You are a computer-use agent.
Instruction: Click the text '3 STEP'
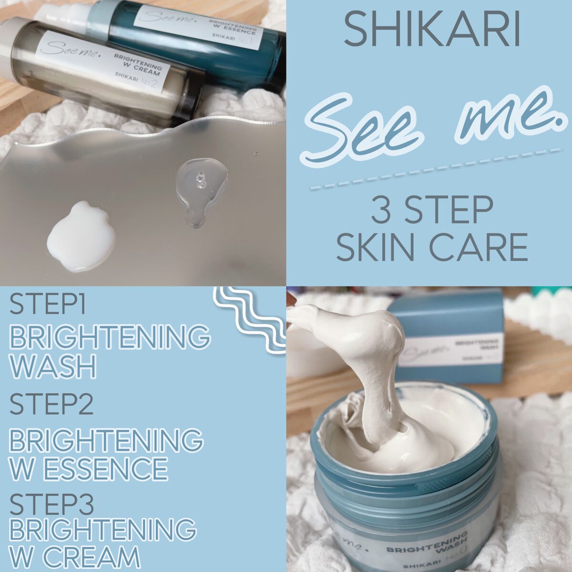[x=432, y=210]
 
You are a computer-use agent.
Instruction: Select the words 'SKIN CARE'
[x=432, y=246]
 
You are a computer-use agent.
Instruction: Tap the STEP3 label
[x=51, y=504]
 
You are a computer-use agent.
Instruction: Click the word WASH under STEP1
[x=52, y=366]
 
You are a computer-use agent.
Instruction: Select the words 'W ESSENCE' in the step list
[x=88, y=468]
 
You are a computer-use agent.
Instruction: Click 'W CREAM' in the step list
[x=74, y=557]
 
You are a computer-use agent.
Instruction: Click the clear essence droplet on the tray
[x=200, y=191]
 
